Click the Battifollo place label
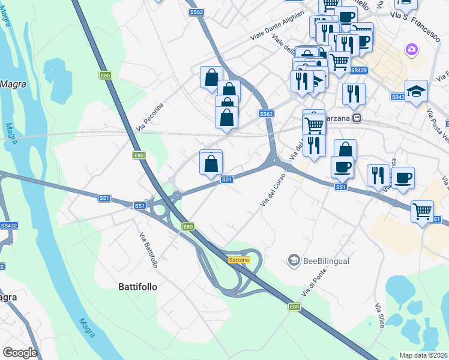coord(137,287)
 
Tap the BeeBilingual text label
coord(326,261)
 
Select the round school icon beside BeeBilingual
coord(294,261)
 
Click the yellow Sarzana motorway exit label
coord(238,260)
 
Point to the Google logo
coord(20,353)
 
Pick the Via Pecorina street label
coord(150,117)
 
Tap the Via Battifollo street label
coord(148,250)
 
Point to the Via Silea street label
coord(381,316)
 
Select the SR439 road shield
coord(359,70)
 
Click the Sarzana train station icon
coord(357,118)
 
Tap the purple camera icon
coord(412,49)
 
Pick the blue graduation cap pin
coord(416,92)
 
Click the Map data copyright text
coord(424,355)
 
